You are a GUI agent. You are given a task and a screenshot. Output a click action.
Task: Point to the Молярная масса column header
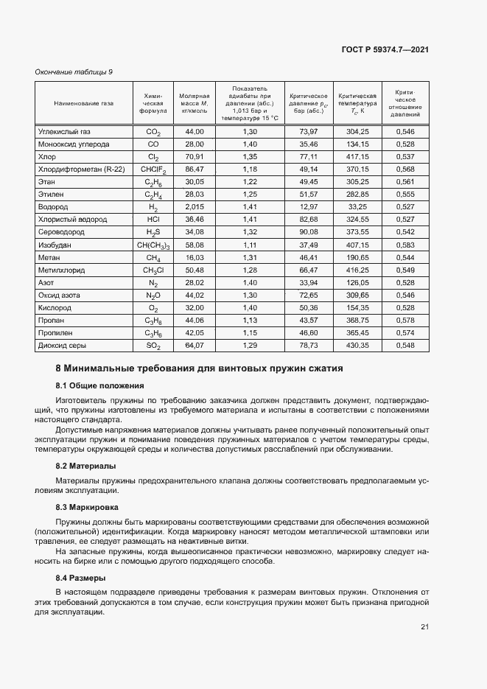[195, 105]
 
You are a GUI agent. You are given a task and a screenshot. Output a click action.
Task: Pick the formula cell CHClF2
[153, 169]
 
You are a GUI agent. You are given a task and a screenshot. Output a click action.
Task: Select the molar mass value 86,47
[195, 169]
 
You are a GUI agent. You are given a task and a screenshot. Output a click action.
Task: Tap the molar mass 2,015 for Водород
[195, 207]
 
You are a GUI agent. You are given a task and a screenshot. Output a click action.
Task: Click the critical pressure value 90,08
[309, 232]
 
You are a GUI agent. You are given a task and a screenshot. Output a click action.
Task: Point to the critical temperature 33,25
[357, 207]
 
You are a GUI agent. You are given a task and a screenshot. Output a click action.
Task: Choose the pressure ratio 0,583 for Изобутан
[405, 245]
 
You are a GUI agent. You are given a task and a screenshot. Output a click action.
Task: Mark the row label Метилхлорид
[60, 270]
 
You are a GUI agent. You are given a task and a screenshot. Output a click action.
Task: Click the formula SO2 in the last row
[153, 346]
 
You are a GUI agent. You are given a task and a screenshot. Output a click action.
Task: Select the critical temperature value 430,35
[357, 345]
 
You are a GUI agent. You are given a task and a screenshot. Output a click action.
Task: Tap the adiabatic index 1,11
[250, 245]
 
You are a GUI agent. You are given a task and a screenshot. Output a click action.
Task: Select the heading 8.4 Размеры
[81, 578]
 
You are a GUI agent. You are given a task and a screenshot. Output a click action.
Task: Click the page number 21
[424, 627]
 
